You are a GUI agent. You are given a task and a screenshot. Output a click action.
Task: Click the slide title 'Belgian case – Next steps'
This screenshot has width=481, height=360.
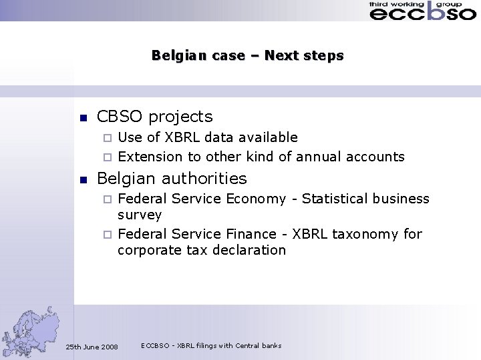[x=247, y=55]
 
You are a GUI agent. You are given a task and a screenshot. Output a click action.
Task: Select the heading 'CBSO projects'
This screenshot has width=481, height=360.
[x=154, y=117]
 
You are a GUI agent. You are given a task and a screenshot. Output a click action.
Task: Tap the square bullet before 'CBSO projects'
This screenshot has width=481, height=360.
[x=84, y=118]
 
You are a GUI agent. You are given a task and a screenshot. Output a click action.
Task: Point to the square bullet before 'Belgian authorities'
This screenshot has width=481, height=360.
[x=84, y=180]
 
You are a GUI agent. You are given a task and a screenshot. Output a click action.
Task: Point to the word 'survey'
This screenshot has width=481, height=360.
[x=140, y=215]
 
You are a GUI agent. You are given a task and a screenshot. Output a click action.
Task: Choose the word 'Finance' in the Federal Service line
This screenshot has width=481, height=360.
[x=252, y=234]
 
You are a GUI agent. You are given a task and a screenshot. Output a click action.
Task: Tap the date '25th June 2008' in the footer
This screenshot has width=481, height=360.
[x=92, y=347]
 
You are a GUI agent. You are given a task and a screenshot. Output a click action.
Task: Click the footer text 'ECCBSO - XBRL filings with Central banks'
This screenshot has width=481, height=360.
[x=211, y=345]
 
